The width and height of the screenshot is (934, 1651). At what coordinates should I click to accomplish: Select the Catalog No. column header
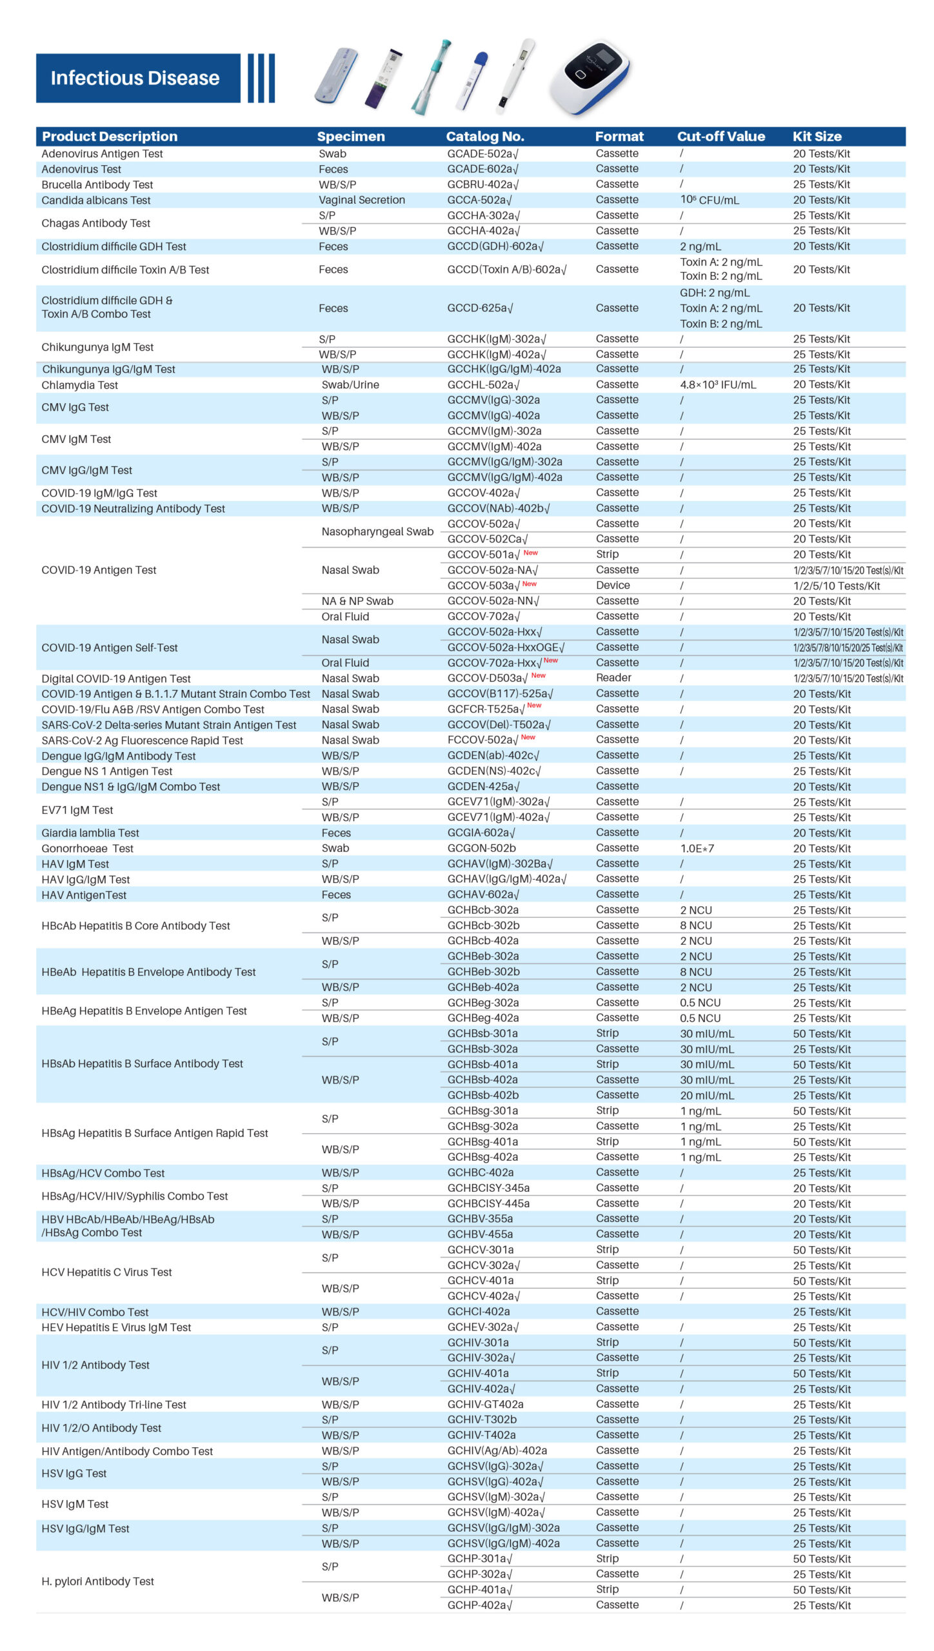(484, 136)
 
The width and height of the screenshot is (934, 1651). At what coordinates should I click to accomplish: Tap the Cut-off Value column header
(720, 136)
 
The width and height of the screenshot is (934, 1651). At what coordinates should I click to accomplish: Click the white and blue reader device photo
(589, 77)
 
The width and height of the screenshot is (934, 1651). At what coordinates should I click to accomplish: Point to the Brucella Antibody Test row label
(97, 184)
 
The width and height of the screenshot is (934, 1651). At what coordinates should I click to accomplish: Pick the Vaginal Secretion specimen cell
(361, 200)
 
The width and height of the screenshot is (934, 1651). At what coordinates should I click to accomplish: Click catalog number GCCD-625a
(480, 308)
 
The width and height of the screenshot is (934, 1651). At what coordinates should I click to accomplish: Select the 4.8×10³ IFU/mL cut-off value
(717, 384)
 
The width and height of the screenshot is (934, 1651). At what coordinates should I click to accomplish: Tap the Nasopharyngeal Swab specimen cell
(377, 531)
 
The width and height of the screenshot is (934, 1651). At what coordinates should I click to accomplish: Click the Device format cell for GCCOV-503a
(612, 586)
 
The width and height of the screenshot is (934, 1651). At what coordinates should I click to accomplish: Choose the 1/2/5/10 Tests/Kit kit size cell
(836, 586)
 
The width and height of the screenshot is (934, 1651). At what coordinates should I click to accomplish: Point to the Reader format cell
(613, 678)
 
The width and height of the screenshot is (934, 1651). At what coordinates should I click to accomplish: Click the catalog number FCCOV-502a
(482, 740)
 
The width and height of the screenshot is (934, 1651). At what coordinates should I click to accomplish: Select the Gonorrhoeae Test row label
(87, 849)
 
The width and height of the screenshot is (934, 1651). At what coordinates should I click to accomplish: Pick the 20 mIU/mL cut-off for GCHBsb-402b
(706, 1096)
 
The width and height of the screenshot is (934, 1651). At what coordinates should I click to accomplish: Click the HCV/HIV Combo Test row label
(95, 1312)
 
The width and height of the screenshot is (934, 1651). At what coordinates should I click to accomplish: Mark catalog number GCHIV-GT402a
(485, 1405)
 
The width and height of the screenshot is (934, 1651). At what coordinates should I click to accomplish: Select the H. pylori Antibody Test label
(97, 1581)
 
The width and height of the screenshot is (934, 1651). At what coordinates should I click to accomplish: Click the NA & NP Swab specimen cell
(357, 601)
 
